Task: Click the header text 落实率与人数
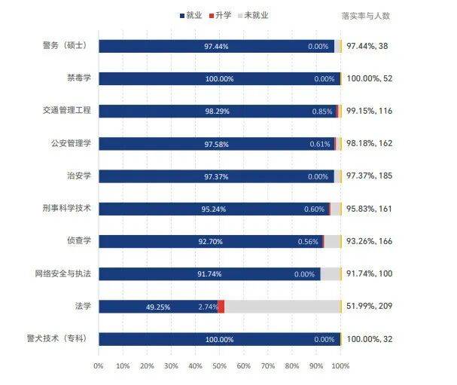365,15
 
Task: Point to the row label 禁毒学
78,78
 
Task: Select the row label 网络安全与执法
62,273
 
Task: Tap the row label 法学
82,306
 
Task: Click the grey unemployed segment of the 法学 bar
282,307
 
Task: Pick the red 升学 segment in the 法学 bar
221,307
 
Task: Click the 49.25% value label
158,307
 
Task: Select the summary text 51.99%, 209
371,307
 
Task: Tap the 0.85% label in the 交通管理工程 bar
321,112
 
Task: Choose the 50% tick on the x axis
219,365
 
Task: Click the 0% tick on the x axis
98,365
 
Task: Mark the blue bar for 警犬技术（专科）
218,339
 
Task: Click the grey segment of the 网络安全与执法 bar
331,274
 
